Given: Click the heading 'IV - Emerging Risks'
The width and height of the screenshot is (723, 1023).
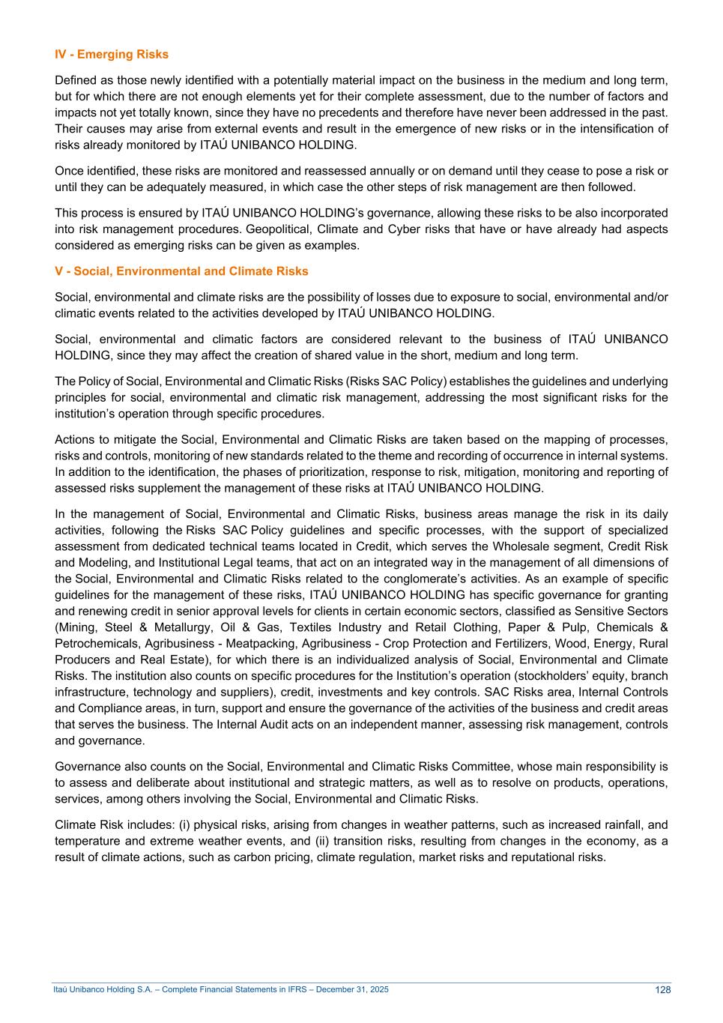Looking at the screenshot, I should [112, 55].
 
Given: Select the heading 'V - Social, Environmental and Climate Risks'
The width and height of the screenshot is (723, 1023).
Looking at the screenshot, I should [181, 271].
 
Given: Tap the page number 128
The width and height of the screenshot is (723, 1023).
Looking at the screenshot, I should [662, 990].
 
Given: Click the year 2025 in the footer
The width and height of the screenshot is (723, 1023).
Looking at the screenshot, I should [380, 990].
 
